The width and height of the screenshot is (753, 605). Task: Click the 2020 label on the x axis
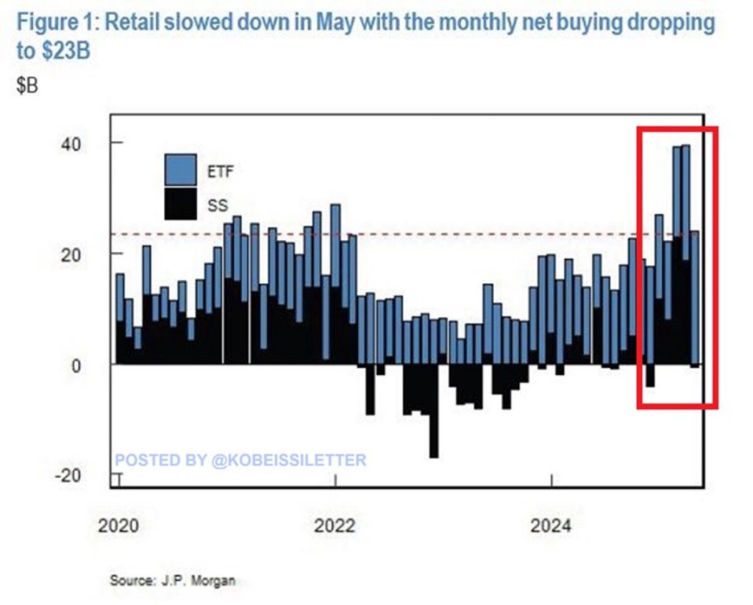(x=118, y=526)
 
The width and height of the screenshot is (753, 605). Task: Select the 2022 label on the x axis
(x=335, y=526)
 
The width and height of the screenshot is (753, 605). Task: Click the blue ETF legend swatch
(x=179, y=169)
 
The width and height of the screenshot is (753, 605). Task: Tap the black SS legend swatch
(x=179, y=203)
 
